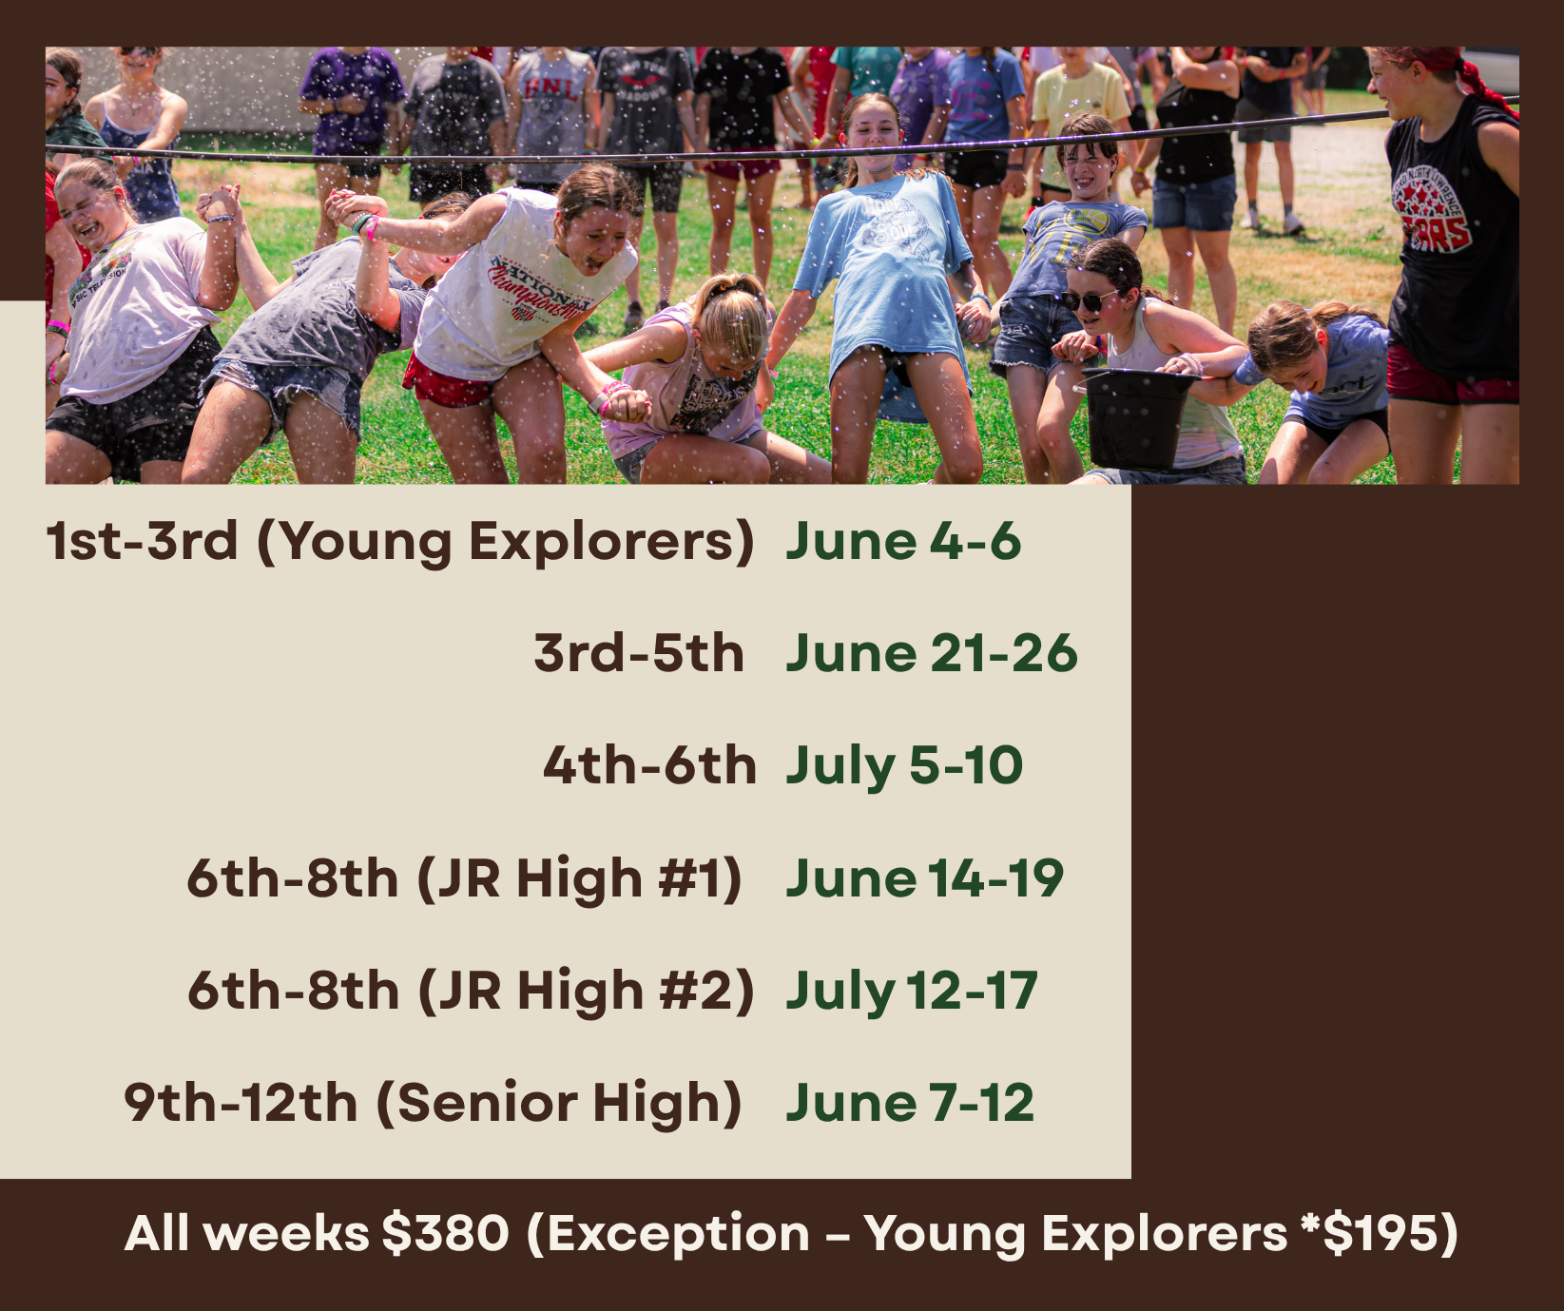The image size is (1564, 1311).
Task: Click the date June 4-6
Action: pyautogui.click(x=903, y=541)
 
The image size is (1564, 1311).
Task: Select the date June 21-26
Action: pyautogui.click(x=932, y=653)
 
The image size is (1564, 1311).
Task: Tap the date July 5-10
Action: pyautogui.click(x=904, y=766)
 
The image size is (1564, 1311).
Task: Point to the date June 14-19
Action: pyautogui.click(x=924, y=877)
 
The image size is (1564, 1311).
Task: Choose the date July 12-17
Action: pyautogui.click(x=912, y=991)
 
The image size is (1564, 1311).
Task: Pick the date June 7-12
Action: pyautogui.click(x=910, y=1103)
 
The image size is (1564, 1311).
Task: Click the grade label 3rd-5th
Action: pyautogui.click(x=639, y=653)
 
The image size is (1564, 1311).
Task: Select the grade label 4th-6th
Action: pyautogui.click(x=649, y=765)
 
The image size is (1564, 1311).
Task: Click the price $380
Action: pyautogui.click(x=445, y=1233)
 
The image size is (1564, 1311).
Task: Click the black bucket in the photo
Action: pyautogui.click(x=1137, y=418)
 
